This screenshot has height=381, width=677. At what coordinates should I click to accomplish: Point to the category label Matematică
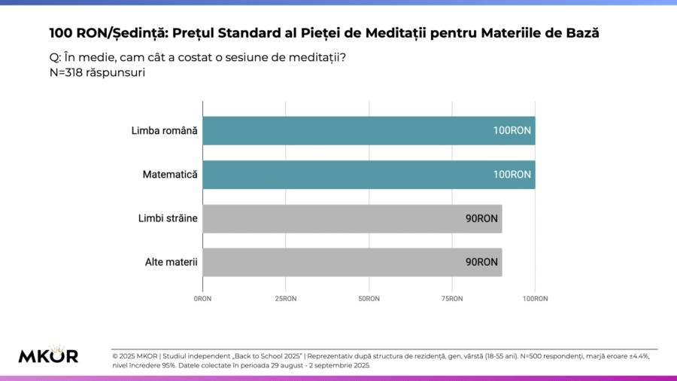point(170,174)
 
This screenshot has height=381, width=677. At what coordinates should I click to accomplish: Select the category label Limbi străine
point(168,218)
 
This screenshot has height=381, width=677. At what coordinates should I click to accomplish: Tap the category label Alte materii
point(171,262)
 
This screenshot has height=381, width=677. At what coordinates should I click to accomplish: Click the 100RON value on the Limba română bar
point(512,130)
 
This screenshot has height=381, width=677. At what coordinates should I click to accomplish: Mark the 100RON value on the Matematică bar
point(512,174)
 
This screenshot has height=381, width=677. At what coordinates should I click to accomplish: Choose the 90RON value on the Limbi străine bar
point(481,218)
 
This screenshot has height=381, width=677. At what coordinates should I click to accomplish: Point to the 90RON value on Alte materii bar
point(481,262)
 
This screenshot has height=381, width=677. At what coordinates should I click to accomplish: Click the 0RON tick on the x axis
point(203,299)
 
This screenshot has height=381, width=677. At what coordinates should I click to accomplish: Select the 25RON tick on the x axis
point(286,299)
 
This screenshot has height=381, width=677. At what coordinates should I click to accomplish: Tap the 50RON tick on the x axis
point(369,299)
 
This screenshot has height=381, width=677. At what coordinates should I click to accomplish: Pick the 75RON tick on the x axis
point(452,299)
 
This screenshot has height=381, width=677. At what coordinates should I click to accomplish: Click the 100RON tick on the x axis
point(535,299)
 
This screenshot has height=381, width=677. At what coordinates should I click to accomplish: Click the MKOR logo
point(48,355)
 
